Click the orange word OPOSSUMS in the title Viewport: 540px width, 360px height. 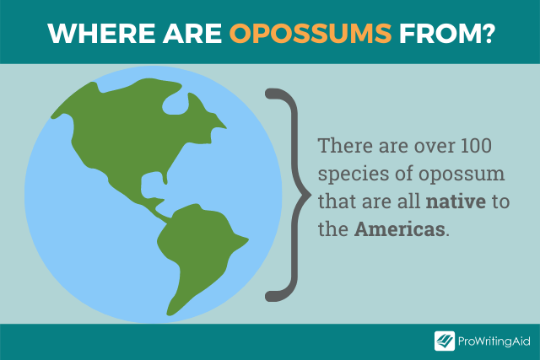[310, 34]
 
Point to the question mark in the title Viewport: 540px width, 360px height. [486, 34]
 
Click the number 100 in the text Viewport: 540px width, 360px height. [476, 146]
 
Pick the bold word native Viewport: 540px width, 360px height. [456, 201]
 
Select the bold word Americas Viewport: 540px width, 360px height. [399, 228]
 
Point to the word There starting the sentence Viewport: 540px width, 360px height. [345, 146]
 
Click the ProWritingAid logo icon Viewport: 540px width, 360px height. [445, 341]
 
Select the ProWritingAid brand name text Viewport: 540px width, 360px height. [494, 341]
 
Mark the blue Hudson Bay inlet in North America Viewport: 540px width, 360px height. [175, 103]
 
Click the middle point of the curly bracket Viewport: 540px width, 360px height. [308, 195]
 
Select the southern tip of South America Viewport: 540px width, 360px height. [169, 314]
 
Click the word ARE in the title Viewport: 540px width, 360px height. [192, 34]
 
